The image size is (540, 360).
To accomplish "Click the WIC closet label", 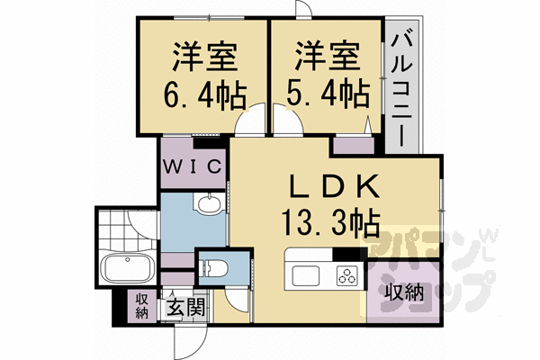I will pos(193,167).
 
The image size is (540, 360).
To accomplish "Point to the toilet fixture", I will pos(212,267).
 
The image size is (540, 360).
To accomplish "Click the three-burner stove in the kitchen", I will pos(346,274).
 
